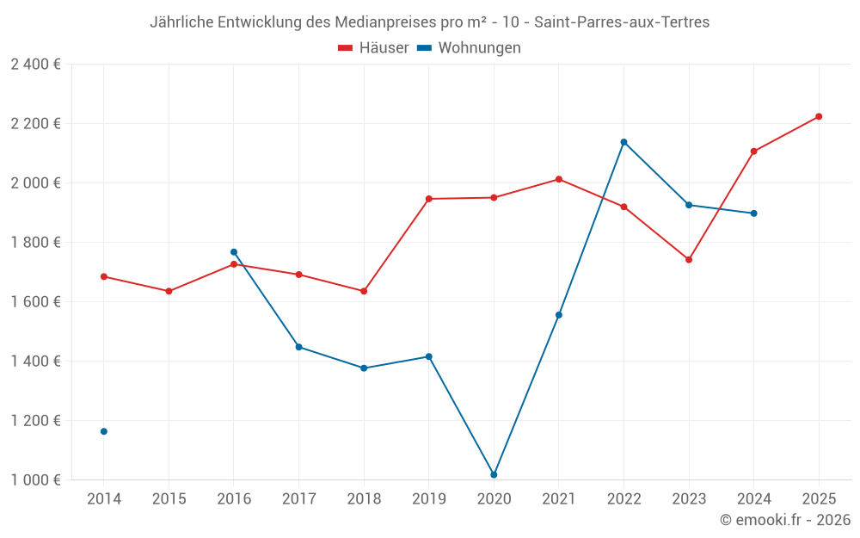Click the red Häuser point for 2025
point(819,116)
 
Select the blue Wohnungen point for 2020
point(494,474)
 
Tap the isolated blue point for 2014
point(104,431)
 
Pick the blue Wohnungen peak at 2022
point(623,142)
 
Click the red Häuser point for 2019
point(429,199)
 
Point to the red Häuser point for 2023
point(689,259)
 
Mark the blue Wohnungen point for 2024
point(754,213)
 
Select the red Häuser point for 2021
point(559,179)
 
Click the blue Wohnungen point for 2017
point(298,347)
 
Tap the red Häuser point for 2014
point(104,276)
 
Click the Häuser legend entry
point(373,48)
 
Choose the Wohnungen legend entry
point(470,48)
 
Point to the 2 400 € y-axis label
point(35,65)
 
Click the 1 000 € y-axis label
point(35,479)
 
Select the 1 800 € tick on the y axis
point(35,242)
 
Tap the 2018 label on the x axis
point(364,498)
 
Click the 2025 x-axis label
point(819,498)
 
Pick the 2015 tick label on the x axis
point(169,498)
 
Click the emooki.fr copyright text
point(785,520)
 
